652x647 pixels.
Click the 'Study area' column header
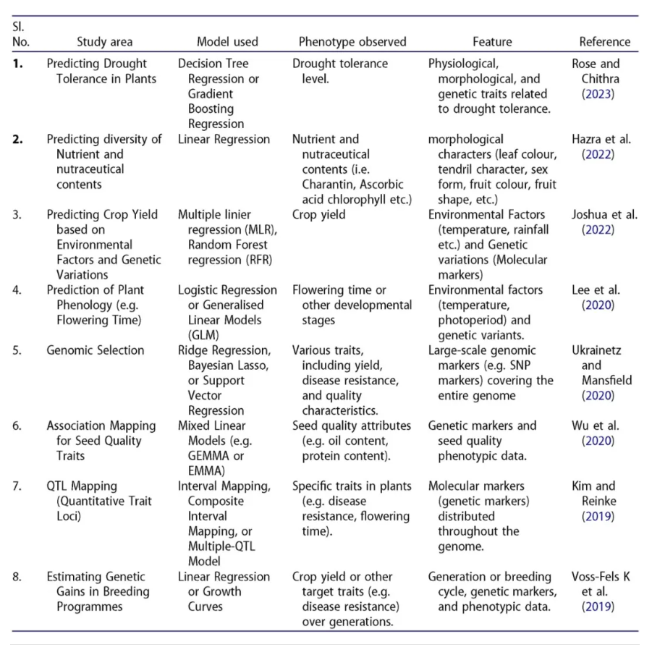coord(105,41)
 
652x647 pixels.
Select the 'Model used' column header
coord(227,41)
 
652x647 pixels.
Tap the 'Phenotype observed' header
coord(352,41)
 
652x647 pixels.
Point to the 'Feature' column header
coord(492,41)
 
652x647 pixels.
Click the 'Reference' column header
coord(605,41)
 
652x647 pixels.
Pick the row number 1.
coord(18,64)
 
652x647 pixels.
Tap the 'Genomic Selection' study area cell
coord(96,350)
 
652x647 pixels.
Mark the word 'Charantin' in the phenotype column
coord(329,185)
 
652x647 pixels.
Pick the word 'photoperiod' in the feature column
coord(474,320)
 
